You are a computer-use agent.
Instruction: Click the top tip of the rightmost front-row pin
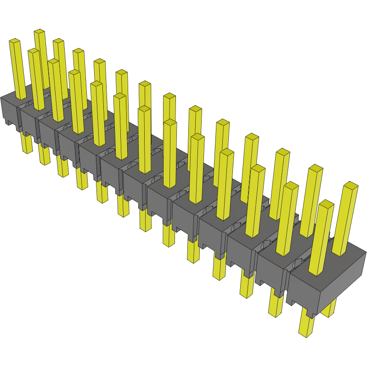pos(326,204)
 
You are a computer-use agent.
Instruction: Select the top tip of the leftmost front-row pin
pos(15,42)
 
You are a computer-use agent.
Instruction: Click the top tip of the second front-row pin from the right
pos(290,186)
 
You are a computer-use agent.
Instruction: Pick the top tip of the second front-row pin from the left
pos(34,52)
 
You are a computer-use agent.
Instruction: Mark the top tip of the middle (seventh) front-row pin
pos(144,109)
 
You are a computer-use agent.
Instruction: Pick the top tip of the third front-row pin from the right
pos(258,168)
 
